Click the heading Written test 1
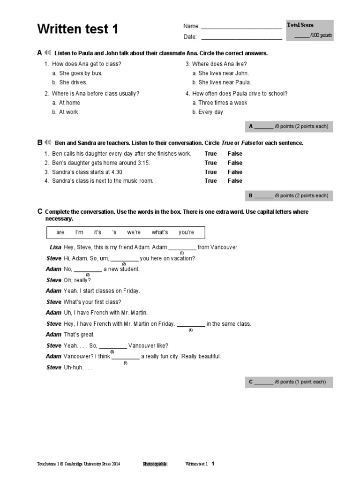click(x=78, y=30)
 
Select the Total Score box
click(x=310, y=30)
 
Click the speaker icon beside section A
click(x=47, y=52)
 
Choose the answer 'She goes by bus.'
click(x=80, y=73)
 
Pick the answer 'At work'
click(x=68, y=112)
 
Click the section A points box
click(x=289, y=127)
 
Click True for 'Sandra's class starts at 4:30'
click(x=210, y=172)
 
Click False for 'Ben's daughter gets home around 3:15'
click(x=235, y=163)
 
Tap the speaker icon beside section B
click(x=47, y=142)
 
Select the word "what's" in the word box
click(x=160, y=232)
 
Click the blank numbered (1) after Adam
click(x=182, y=248)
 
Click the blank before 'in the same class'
click(x=191, y=325)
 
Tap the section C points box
click(x=289, y=382)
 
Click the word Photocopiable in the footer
click(x=155, y=464)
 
